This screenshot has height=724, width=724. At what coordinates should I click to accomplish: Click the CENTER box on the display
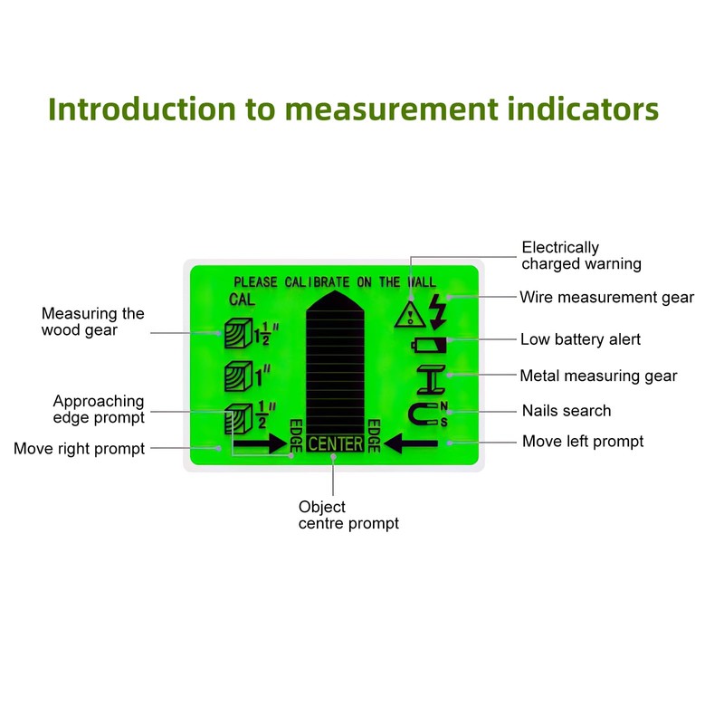[335, 443]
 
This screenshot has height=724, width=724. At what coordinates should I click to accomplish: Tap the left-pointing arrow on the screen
[412, 443]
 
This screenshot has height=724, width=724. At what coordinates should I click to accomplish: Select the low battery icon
[428, 344]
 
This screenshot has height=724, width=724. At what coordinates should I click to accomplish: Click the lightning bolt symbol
[438, 310]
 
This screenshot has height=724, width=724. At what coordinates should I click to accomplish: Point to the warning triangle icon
[410, 314]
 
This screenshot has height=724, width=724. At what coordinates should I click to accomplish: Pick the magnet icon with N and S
[425, 414]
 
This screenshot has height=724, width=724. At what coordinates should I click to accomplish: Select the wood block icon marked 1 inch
[237, 374]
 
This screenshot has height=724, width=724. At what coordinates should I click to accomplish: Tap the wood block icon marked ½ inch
[237, 417]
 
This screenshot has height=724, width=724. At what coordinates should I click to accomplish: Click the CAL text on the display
[242, 300]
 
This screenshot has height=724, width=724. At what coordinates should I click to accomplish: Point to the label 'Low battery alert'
[580, 340]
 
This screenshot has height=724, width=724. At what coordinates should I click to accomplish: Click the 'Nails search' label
[567, 411]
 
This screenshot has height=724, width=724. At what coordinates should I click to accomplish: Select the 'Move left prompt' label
[583, 442]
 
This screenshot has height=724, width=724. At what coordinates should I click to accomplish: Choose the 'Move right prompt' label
[79, 449]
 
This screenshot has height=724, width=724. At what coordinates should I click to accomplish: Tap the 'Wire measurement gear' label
[606, 297]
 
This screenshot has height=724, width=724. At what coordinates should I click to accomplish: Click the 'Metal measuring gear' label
[598, 376]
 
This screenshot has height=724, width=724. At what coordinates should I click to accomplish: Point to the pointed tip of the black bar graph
[334, 292]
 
